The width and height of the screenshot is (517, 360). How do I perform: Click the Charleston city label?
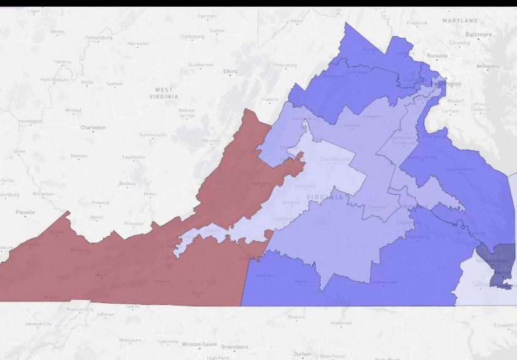pyautogui.click(x=93, y=128)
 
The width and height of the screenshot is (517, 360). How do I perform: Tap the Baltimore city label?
pyautogui.click(x=479, y=34)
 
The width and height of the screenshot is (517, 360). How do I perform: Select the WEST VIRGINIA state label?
pyautogui.click(x=164, y=93)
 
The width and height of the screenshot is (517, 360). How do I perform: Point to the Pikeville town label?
pyautogui.click(x=25, y=213)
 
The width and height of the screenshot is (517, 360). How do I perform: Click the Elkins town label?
pyautogui.click(x=230, y=71)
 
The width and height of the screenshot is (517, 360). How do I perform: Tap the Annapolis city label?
pyautogui.click(x=488, y=66)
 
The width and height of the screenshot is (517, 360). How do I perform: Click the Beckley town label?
pyautogui.click(x=127, y=183)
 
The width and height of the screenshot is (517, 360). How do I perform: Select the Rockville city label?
pyautogui.click(x=437, y=56)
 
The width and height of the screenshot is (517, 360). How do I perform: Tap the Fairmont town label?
pyautogui.click(x=207, y=16)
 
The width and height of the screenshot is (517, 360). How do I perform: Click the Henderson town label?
pyautogui.click(x=341, y=323)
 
